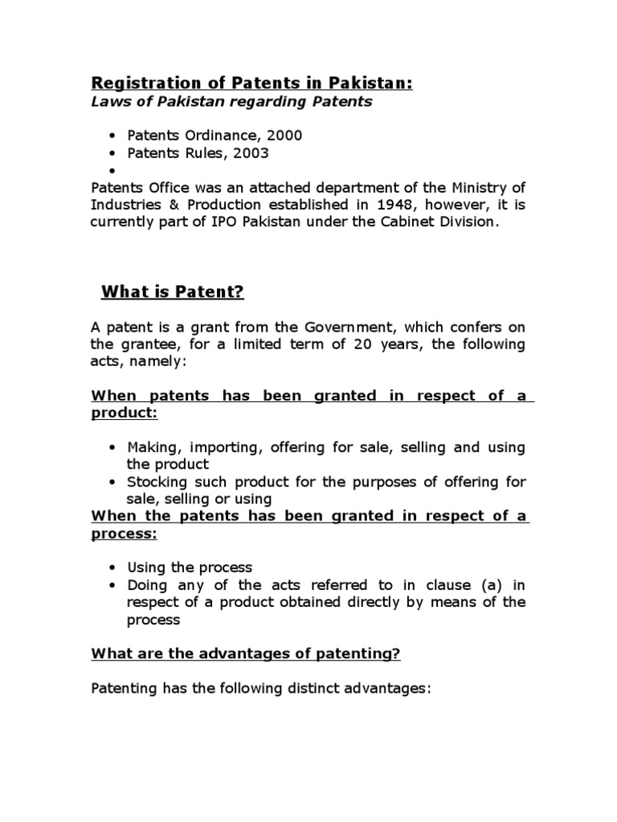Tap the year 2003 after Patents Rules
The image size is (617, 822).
(250, 153)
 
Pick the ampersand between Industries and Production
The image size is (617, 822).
(168, 204)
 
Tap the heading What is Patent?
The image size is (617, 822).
(171, 292)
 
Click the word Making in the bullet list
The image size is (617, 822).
(153, 447)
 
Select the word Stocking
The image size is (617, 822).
(157, 482)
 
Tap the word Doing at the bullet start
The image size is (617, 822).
(145, 585)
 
